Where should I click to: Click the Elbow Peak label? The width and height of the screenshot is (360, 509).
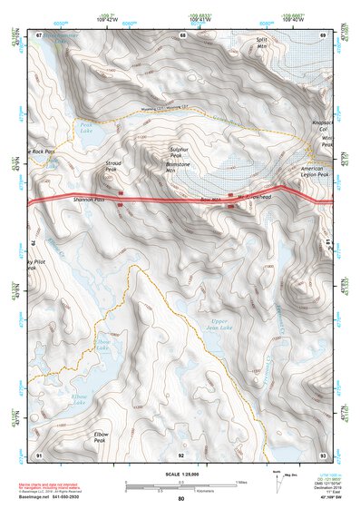click(102, 437)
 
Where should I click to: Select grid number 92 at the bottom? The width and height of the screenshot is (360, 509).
click(181, 453)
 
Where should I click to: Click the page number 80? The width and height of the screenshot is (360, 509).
click(181, 498)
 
